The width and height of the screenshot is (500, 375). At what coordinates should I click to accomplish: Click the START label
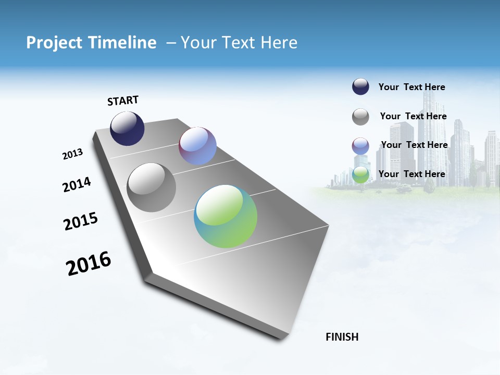point(123,101)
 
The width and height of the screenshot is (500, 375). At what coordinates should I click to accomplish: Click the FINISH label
point(342,337)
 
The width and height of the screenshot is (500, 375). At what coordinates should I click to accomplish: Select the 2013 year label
point(72,154)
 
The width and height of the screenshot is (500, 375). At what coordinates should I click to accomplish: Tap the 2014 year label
point(77,184)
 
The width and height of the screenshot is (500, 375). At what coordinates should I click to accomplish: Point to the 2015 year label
point(81,221)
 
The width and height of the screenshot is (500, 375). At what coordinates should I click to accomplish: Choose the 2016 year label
point(89,264)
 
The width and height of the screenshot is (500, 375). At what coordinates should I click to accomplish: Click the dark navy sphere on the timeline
point(127,129)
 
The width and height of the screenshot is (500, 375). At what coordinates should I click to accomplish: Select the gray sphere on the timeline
point(151,187)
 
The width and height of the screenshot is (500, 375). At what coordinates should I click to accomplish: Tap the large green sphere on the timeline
point(226,216)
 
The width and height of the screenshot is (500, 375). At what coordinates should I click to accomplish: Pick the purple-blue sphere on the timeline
point(197,146)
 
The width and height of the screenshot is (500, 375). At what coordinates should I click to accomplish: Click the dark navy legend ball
point(360,87)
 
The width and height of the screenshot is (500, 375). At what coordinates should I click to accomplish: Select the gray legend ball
point(360,117)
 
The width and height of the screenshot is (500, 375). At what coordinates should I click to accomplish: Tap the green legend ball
point(360,175)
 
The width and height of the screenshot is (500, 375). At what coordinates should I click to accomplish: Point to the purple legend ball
point(360,146)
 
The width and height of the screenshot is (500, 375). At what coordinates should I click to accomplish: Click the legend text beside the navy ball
point(411,87)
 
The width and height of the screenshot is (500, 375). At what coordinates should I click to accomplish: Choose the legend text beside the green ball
point(411,174)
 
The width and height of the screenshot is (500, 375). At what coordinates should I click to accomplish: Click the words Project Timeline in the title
point(91,43)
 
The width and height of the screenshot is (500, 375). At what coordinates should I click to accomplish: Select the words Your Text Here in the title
point(239,43)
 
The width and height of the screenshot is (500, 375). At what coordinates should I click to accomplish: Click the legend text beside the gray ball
point(413,116)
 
